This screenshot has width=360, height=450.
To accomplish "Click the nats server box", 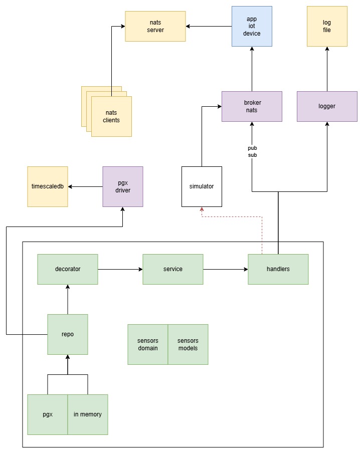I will [155, 27].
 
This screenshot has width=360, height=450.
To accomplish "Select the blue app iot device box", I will [252, 27].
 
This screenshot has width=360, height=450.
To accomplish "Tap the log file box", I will [327, 27].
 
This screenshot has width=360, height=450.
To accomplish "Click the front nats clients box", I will [111, 117].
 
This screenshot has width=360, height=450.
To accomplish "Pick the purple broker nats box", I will [252, 106].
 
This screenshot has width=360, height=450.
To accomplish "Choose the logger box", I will [327, 106].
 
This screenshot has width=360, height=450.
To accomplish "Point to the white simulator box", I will [202, 186].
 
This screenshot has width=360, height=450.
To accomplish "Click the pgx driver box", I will [123, 186].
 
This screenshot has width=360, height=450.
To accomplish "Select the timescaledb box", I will [47, 186].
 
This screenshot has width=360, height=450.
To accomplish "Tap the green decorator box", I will [68, 269].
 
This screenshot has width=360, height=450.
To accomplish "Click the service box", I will [173, 269].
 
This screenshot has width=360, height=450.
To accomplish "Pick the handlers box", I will [278, 269].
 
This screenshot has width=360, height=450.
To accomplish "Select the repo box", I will [68, 334].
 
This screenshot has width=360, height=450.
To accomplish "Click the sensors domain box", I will [147, 344].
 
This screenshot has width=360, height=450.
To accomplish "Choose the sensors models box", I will [188, 344].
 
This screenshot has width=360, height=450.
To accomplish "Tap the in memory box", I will [88, 414].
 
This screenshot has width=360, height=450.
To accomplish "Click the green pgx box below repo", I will [48, 414].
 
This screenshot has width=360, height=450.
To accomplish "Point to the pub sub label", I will [252, 151].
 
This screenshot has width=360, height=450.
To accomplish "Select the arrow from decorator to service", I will [120, 269].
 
